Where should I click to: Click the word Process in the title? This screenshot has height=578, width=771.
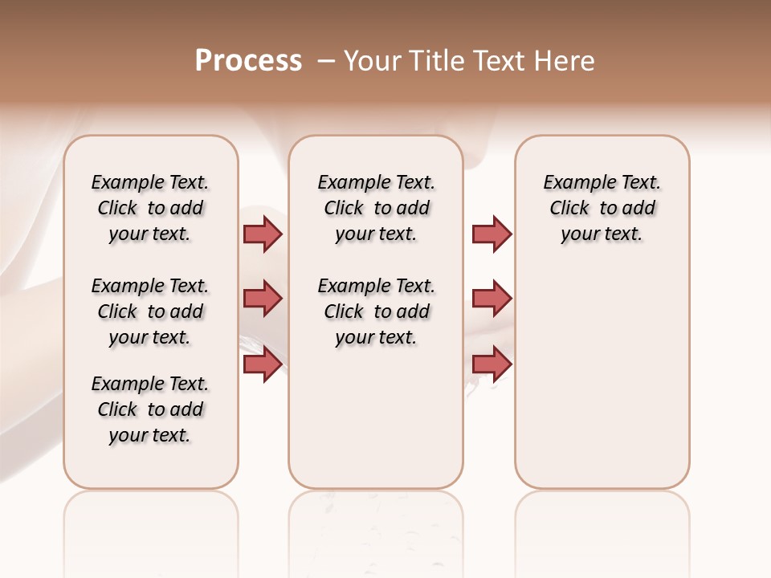248,61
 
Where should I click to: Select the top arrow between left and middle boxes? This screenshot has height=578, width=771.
263,234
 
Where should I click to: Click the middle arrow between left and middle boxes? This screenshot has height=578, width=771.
263,299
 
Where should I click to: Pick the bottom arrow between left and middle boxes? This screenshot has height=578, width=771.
263,364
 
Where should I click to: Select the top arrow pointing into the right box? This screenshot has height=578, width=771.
492,234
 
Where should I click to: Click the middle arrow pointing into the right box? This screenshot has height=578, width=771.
492,299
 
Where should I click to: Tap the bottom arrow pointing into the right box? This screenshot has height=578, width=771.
492,364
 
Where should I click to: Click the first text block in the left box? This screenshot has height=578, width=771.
150,208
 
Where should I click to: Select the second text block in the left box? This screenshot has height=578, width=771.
150,311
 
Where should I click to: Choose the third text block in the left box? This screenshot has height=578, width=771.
150,409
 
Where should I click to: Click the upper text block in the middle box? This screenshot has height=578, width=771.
376,208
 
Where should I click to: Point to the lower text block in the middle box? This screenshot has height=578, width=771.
376,311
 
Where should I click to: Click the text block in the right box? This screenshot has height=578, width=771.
602,208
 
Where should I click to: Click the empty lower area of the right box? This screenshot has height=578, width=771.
602,385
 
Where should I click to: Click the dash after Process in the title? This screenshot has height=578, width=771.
327,61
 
